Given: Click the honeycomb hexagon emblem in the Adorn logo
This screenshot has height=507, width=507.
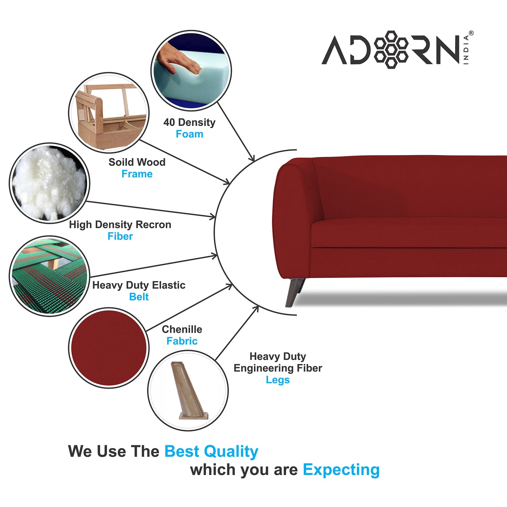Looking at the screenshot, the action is tap(391, 50).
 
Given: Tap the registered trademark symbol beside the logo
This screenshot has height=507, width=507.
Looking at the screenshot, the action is tap(471, 33).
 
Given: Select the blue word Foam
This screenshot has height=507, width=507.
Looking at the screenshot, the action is tap(189, 134).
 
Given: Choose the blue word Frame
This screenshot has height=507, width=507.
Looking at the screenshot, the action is tap(137, 174).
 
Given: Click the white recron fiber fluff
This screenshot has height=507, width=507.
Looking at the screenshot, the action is tap(49, 184).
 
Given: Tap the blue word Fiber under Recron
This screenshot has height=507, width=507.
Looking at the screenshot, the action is tap(120, 236).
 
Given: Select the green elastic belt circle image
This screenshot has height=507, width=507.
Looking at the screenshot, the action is tap(49, 276).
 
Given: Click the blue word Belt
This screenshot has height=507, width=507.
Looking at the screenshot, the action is tap(139, 297).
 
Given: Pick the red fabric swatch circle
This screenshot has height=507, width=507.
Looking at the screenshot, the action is tap(109, 348).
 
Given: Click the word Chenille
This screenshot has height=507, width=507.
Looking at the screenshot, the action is tap(182, 329).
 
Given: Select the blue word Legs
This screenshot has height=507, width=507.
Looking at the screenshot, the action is tap(278, 380).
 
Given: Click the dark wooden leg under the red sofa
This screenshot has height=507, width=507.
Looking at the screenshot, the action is tap(295, 292).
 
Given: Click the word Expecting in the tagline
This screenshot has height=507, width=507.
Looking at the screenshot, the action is tap(341, 470).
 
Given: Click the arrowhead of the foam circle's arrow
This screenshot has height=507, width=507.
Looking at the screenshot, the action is tap(252, 158).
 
